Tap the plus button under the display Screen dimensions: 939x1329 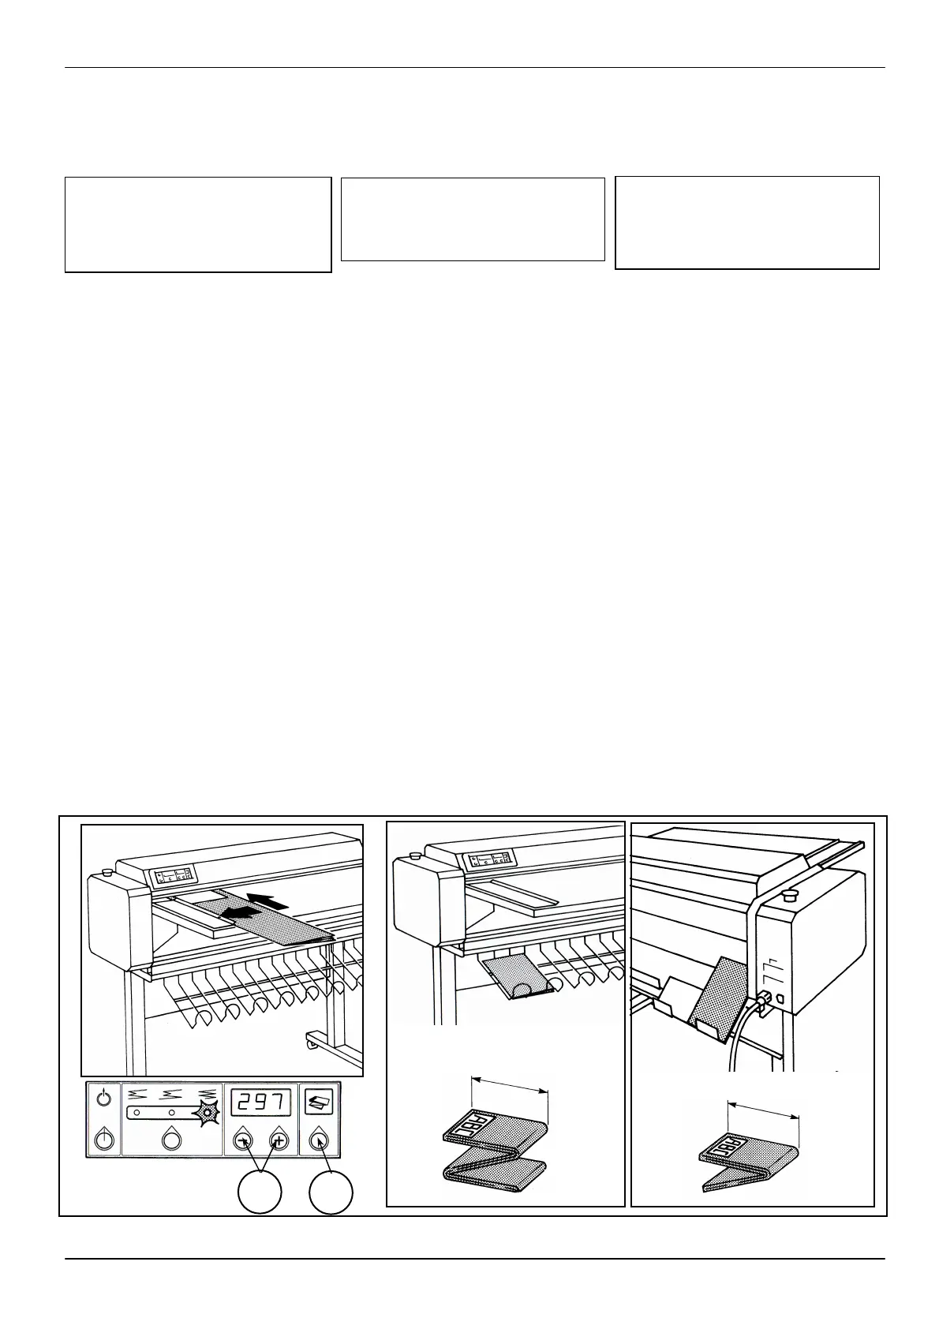pos(278,1140)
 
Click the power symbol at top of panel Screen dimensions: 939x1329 pos(103,1098)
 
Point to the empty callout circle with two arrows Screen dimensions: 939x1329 pos(260,1192)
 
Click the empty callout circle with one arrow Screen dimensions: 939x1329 pos(331,1192)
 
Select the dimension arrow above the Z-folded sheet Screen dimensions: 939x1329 pos(509,1083)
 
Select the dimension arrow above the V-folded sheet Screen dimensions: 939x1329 pos(763,1110)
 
